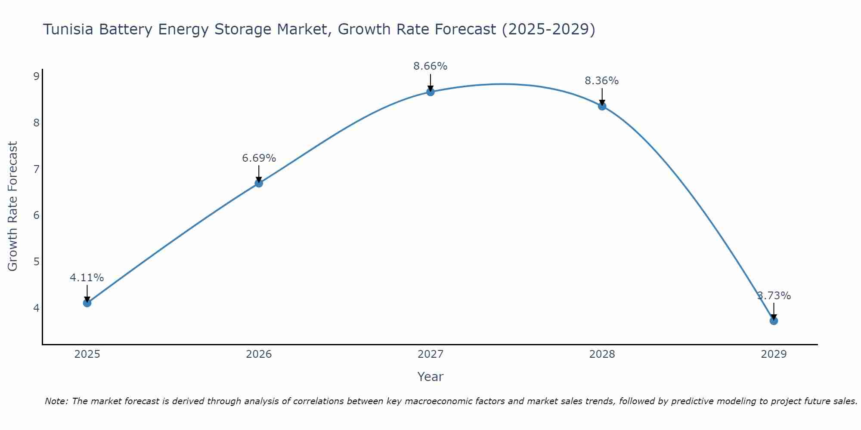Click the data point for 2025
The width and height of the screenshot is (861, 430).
87,303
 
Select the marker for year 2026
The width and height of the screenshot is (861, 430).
259,183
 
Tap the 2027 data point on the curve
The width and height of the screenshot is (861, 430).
430,92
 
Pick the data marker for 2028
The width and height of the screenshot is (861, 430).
602,106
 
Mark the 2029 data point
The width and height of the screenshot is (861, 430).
774,321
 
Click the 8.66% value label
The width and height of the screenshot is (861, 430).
430,66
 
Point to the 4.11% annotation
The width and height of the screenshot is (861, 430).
87,278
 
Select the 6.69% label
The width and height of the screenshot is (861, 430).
259,158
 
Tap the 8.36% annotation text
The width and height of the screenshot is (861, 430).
602,81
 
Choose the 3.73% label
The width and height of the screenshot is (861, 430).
774,296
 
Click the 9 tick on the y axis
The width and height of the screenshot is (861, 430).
36,77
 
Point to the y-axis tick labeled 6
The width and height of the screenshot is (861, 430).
36,215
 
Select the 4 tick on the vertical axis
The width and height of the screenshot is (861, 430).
36,308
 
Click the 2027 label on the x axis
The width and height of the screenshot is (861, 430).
430,354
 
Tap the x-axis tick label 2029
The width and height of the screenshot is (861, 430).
774,354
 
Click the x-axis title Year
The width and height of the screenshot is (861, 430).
430,377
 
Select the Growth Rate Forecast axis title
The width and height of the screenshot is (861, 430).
13,206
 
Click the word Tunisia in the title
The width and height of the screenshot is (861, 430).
68,30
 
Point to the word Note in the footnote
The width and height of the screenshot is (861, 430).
56,401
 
